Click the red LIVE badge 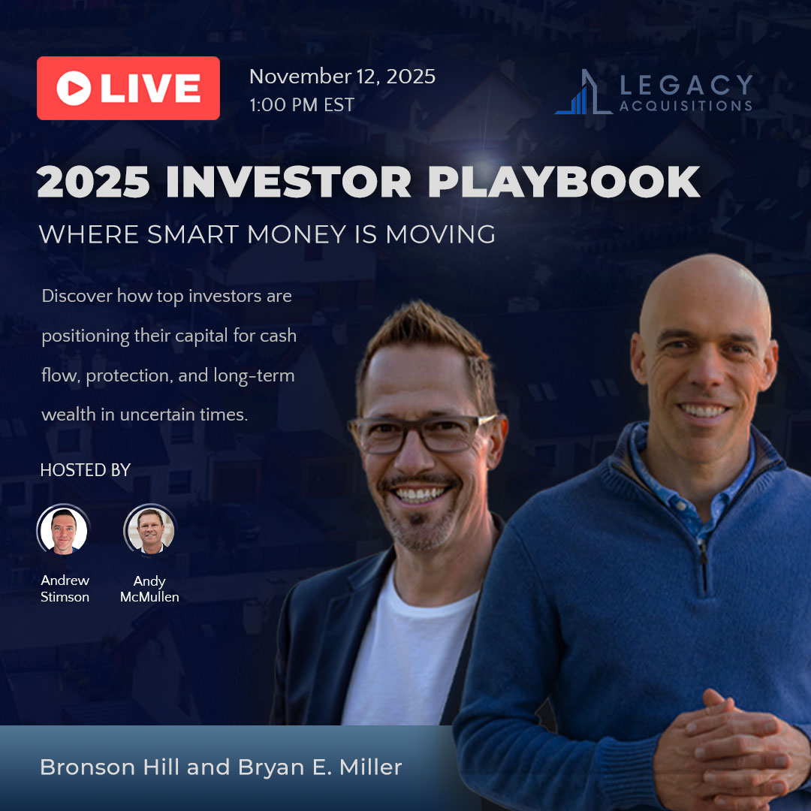[128, 88]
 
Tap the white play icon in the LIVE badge [74, 88]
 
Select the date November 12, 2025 [342, 77]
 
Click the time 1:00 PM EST [302, 105]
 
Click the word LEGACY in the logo [686, 85]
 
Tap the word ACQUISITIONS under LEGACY [686, 106]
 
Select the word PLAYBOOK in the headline [564, 182]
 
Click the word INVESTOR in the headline [288, 182]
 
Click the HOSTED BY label [86, 469]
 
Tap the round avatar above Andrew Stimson [64, 529]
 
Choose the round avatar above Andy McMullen [150, 529]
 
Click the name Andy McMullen [149, 589]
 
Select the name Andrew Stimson [65, 589]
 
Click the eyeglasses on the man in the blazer [421, 433]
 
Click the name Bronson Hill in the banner [110, 767]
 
